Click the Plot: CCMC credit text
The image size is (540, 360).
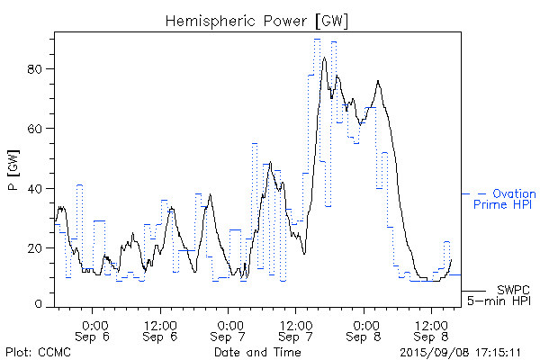[39, 352]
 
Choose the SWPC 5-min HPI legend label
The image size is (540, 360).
[500, 293]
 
